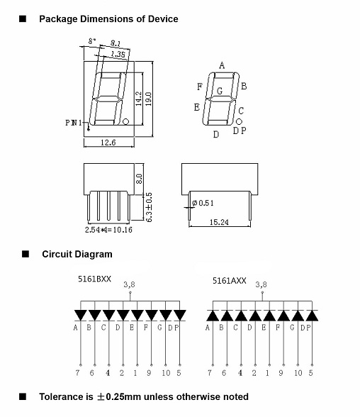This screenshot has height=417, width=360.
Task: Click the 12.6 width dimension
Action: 108,143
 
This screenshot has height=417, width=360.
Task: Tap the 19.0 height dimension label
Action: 149,99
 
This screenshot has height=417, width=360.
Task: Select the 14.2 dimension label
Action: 139,99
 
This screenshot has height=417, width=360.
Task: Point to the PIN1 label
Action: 74,123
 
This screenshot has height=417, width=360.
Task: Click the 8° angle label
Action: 92,41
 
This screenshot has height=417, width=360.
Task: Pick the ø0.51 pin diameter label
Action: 203,203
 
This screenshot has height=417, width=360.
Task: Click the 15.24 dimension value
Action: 219,222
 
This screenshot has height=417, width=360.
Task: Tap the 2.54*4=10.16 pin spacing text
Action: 108,230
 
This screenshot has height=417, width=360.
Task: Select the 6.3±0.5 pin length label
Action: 149,207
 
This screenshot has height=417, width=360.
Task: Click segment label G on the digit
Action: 220,91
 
